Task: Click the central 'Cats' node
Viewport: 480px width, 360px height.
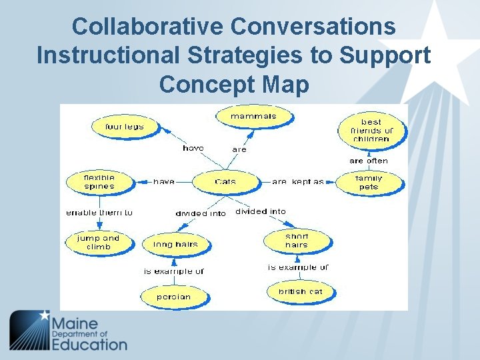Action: [x=225, y=181]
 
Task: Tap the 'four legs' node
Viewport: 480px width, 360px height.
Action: [x=124, y=127]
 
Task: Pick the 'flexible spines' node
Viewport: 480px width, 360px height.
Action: [x=99, y=182]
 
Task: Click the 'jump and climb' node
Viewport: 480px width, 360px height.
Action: [x=98, y=242]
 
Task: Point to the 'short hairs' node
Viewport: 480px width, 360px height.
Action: [x=297, y=241]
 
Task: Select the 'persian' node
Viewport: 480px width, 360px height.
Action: [x=173, y=297]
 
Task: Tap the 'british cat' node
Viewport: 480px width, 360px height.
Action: [x=300, y=291]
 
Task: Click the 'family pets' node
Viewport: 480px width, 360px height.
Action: [x=369, y=183]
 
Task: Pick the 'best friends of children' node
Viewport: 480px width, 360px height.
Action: [x=371, y=131]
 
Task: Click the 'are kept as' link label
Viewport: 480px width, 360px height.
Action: [x=297, y=181]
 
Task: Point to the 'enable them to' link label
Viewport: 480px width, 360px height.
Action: [x=99, y=213]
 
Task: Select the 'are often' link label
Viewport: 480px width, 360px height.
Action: [x=369, y=161]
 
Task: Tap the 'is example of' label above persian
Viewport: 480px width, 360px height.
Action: [x=174, y=271]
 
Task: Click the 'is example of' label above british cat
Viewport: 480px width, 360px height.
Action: [x=298, y=267]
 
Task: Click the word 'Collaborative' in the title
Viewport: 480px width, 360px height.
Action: [x=147, y=27]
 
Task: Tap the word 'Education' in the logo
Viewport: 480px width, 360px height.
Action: [x=89, y=345]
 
